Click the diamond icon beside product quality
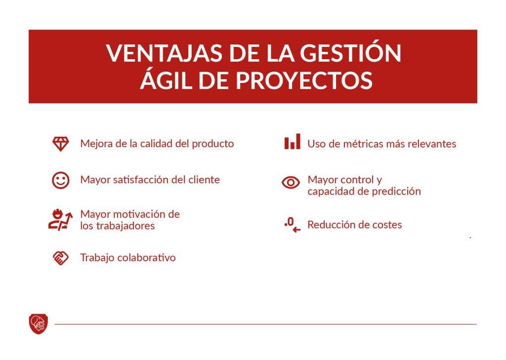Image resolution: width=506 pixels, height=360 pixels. [61, 144]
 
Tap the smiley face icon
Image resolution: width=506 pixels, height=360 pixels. [61, 180]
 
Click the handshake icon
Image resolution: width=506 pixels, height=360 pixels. [60, 258]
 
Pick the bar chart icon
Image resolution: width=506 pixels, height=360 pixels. [292, 142]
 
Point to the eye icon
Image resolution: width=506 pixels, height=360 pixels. [291, 183]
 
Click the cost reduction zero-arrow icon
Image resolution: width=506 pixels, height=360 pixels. [292, 225]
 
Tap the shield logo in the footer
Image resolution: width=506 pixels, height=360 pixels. [39, 324]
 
